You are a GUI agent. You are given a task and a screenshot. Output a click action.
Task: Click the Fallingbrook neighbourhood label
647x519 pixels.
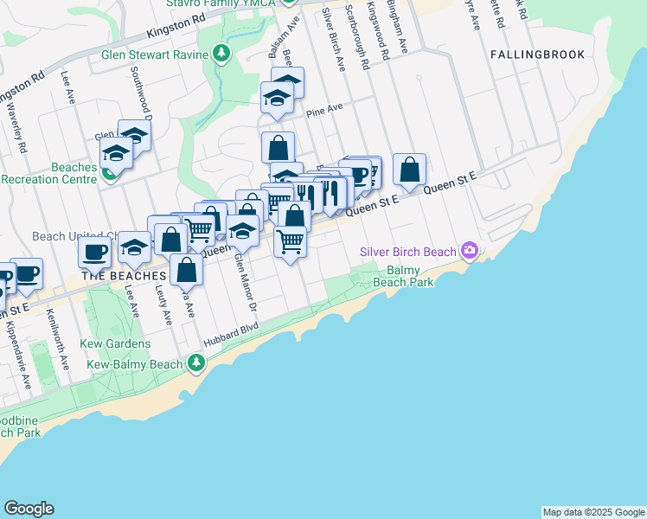(537, 54)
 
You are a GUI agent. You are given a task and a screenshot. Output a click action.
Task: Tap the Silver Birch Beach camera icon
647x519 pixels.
(470, 251)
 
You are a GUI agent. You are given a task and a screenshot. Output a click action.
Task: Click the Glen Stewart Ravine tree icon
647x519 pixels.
(222, 54)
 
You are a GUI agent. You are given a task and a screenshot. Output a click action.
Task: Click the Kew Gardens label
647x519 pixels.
(119, 343)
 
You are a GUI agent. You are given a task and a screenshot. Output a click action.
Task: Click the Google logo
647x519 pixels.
(29, 509)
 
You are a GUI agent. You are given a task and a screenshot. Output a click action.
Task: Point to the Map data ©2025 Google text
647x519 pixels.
(593, 512)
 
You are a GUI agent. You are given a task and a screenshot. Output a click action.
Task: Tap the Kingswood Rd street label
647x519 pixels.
(374, 25)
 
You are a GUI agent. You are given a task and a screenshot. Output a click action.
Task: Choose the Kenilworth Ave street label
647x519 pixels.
(59, 339)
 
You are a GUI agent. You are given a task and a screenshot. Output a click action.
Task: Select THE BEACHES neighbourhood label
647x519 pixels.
(124, 275)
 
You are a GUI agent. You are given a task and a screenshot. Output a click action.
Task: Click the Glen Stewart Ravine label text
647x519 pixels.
(155, 54)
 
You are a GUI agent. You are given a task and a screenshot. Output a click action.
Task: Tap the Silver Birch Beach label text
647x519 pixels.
(408, 252)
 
